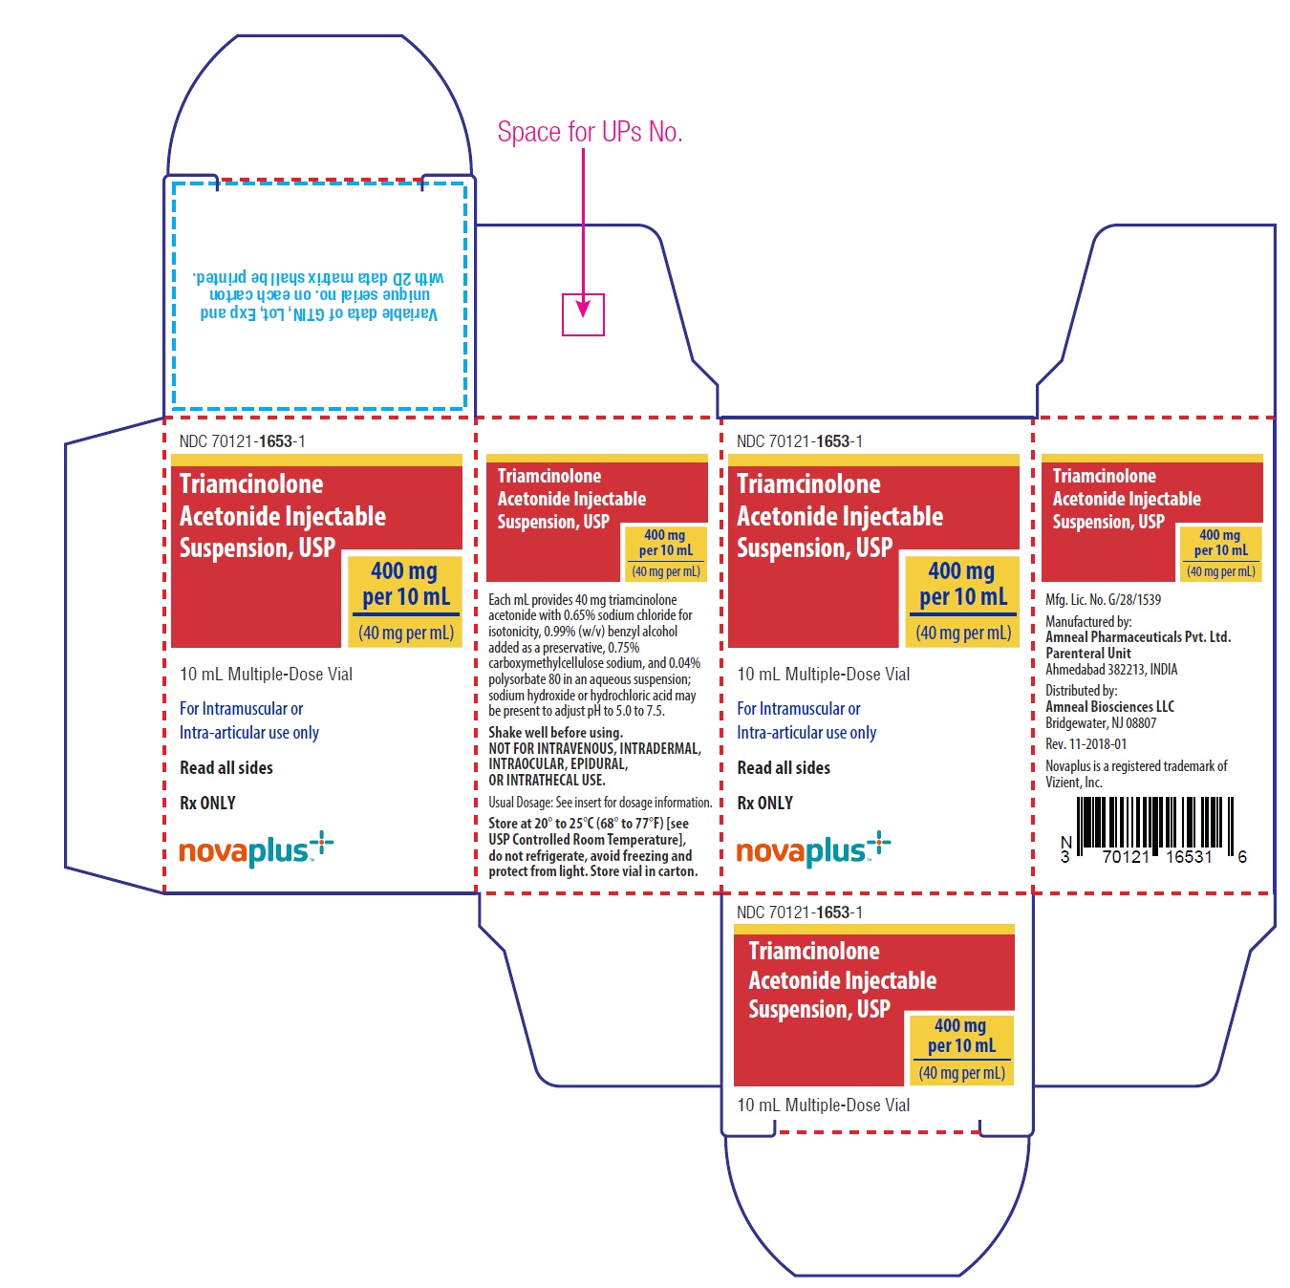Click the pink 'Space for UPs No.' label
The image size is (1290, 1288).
[x=590, y=132]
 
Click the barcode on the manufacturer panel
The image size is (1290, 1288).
[x=1155, y=830]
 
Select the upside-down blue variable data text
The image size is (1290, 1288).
[x=318, y=295]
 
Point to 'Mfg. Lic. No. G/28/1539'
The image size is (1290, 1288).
[x=1103, y=600]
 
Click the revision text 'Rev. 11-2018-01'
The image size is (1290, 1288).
[x=1086, y=743]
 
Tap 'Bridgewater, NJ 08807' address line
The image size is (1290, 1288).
[x=1101, y=723]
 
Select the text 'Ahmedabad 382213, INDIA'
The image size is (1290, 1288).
[x=1111, y=669]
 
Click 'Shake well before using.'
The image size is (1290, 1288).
[x=555, y=732]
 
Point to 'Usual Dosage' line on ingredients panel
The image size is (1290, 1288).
[x=600, y=802]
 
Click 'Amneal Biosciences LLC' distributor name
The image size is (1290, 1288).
[x=1109, y=707]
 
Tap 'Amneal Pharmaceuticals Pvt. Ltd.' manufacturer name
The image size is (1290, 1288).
[x=1138, y=636]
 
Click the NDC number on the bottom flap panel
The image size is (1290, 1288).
[x=799, y=912]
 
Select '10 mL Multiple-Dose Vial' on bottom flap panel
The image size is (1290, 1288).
[x=823, y=1105]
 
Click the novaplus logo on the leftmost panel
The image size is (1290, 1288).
[x=256, y=848]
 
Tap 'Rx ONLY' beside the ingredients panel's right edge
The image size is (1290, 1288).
[x=764, y=803]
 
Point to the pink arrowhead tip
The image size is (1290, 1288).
[x=583, y=316]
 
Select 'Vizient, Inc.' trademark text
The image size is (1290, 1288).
[x=1074, y=782]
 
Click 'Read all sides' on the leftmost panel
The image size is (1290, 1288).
[x=226, y=768]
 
